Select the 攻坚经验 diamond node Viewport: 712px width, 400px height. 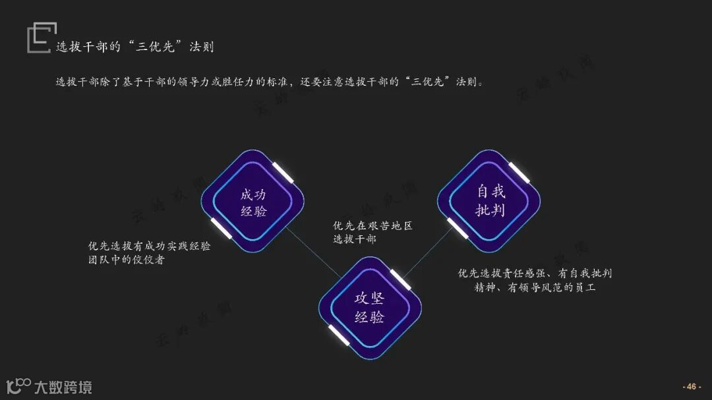click(370, 308)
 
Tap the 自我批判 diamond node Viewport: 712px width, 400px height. click(490, 200)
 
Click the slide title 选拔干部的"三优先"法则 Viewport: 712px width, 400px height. click(134, 47)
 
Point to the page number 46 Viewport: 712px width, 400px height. click(692, 386)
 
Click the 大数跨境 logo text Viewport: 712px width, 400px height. click(63, 387)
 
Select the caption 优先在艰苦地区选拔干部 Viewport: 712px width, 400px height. click(372, 232)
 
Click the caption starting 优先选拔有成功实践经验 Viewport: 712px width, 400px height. click(150, 252)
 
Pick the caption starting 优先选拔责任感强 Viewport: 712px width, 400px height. click(535, 280)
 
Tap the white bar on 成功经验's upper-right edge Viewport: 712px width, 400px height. click(284, 171)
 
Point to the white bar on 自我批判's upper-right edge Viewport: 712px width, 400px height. click(520, 171)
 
